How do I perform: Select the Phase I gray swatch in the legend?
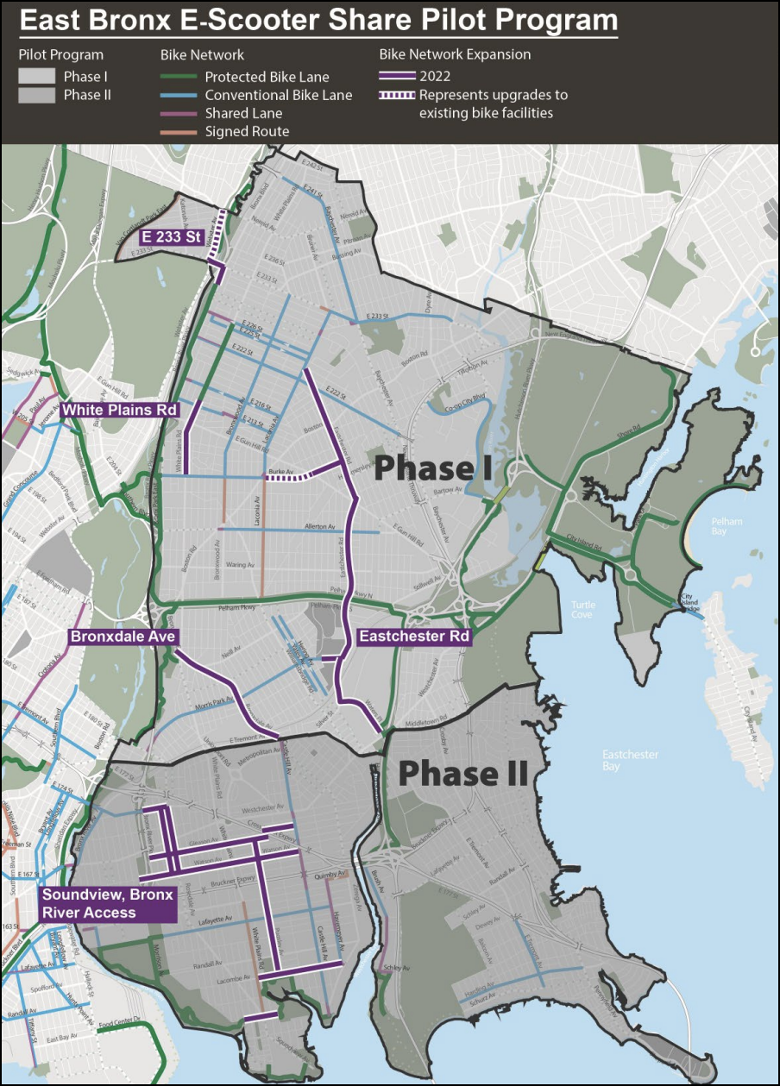(x=36, y=77)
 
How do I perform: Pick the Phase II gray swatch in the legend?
(x=36, y=96)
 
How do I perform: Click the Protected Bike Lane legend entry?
(x=267, y=77)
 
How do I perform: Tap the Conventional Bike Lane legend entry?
(x=278, y=95)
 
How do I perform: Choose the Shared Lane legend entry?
(x=242, y=113)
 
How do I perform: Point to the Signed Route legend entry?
(x=247, y=131)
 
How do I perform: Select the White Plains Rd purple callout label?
(x=120, y=409)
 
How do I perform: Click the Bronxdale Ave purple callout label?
(x=123, y=637)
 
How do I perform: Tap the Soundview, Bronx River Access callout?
(x=108, y=903)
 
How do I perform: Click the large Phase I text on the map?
(x=433, y=468)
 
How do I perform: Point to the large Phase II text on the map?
(x=462, y=774)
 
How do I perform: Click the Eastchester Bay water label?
(x=630, y=760)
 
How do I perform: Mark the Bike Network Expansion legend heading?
(x=455, y=54)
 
